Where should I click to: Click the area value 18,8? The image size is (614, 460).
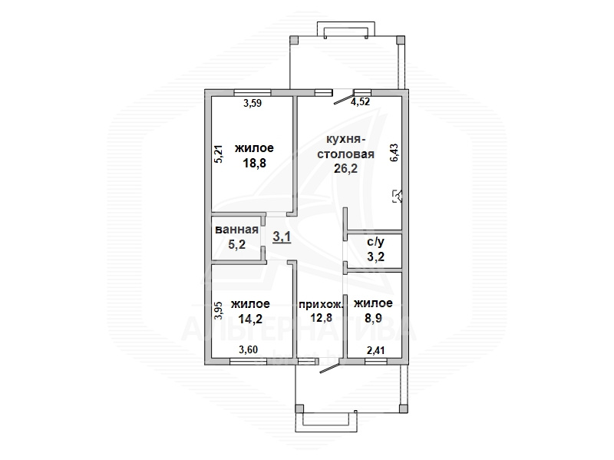[255, 163]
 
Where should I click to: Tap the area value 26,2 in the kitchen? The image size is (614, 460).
[345, 168]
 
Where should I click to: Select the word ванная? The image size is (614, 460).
[236, 230]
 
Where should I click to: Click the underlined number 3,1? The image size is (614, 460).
[282, 237]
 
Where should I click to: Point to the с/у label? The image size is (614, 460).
[375, 242]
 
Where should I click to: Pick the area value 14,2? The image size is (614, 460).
[251, 319]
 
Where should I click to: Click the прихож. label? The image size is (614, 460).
[321, 304]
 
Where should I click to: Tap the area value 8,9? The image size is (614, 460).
[373, 318]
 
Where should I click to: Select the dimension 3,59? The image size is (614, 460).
[253, 104]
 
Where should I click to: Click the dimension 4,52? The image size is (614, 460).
[360, 102]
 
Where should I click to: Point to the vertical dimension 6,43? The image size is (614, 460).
[394, 152]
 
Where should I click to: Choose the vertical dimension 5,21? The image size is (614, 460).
[219, 154]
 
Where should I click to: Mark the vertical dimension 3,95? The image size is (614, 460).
[219, 310]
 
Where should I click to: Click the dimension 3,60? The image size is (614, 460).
[248, 349]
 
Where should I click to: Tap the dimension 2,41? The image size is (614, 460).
[375, 350]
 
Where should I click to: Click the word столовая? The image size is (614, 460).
[345, 154]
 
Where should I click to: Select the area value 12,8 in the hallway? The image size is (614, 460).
[321, 317]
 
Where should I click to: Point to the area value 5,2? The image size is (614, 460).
[236, 244]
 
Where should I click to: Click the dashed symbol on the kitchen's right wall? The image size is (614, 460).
[398, 196]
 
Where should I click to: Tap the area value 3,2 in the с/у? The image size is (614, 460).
[375, 256]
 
